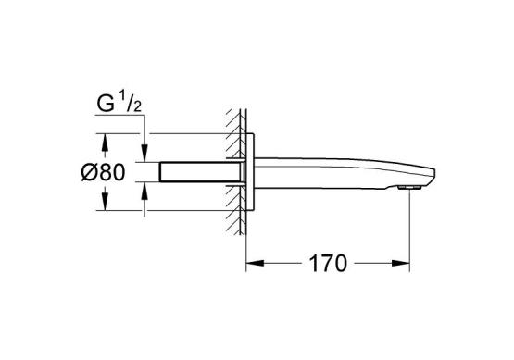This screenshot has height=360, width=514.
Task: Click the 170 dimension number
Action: point(328,264)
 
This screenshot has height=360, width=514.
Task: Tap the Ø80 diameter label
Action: point(103,172)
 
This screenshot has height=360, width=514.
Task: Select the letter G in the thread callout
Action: point(106,104)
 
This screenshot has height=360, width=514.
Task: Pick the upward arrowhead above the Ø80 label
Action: point(105,143)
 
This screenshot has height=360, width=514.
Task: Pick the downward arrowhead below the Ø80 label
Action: point(105,201)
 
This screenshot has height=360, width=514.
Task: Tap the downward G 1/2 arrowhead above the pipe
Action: point(144,153)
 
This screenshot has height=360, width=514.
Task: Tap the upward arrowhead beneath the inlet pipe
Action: point(144,191)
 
